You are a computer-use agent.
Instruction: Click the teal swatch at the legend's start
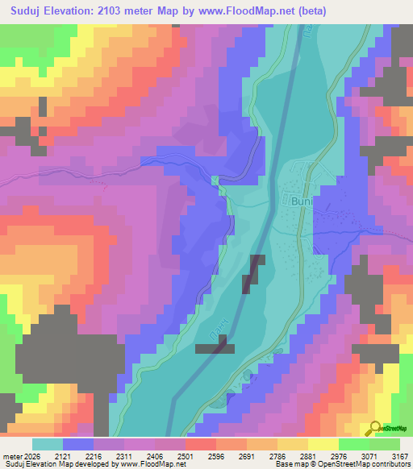pyautogui.click(x=47, y=444)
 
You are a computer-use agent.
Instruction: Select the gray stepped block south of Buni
pyautogui.click(x=252, y=273)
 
